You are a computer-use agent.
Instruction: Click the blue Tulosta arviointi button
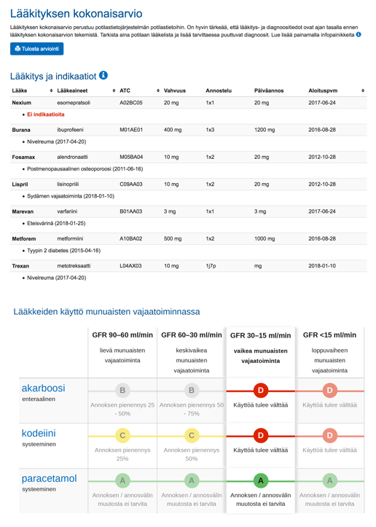(36, 49)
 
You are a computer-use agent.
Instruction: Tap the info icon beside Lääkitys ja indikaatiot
(103, 75)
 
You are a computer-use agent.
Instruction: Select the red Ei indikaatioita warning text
(46, 114)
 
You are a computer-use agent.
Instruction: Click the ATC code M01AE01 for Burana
(131, 130)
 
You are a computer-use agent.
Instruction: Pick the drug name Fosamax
(23, 157)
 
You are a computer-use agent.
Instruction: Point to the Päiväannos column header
(269, 90)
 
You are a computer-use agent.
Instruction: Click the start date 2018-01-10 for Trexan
(322, 266)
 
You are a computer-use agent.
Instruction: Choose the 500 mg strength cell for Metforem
(173, 238)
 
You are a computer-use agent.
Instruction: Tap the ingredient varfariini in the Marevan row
(67, 211)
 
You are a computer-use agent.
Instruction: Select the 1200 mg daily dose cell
(265, 130)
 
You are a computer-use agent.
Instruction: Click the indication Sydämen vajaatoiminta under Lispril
(71, 196)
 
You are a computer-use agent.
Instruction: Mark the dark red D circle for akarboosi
(260, 391)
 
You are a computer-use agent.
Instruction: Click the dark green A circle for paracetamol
(260, 480)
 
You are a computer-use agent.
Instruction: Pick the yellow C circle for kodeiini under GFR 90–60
(122, 436)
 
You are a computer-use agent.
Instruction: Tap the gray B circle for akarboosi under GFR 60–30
(192, 391)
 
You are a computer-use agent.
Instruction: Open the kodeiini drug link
(39, 433)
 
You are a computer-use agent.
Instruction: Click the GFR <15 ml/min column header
(329, 335)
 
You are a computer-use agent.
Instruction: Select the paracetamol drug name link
(50, 479)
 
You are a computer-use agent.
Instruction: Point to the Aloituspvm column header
(323, 90)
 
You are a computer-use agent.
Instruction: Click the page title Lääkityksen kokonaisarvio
(77, 13)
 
